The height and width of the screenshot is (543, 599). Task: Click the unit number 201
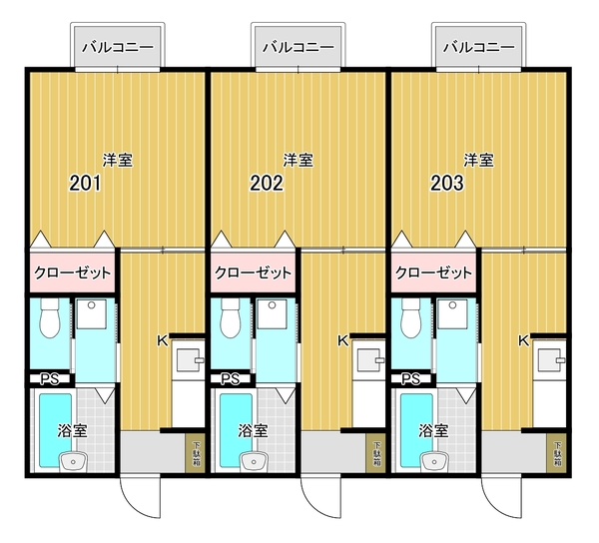pyautogui.click(x=85, y=183)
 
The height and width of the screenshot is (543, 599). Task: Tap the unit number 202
pyautogui.click(x=267, y=183)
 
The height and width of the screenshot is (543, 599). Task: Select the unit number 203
pyautogui.click(x=447, y=183)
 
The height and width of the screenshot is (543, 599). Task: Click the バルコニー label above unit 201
pyautogui.click(x=118, y=47)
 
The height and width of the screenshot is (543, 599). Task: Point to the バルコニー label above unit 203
pyautogui.click(x=479, y=47)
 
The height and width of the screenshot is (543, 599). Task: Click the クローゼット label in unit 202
pyautogui.click(x=253, y=273)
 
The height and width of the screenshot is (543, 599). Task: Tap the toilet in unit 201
pyautogui.click(x=50, y=317)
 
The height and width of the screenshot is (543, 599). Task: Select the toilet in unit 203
pyautogui.click(x=410, y=317)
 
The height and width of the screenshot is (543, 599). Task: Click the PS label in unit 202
pyautogui.click(x=231, y=379)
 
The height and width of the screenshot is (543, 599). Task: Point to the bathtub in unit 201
pyautogui.click(x=55, y=430)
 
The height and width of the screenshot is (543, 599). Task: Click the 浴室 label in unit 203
pyautogui.click(x=433, y=431)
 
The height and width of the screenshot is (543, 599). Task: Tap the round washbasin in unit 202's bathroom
pyautogui.click(x=254, y=461)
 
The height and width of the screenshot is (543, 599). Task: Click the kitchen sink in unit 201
pyautogui.click(x=188, y=360)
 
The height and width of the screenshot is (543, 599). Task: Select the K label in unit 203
pyautogui.click(x=523, y=341)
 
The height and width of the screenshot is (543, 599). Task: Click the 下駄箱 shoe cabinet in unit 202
pyautogui.click(x=376, y=453)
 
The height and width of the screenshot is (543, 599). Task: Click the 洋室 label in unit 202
pyautogui.click(x=298, y=160)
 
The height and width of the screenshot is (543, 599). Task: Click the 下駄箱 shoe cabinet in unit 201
pyautogui.click(x=196, y=453)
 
